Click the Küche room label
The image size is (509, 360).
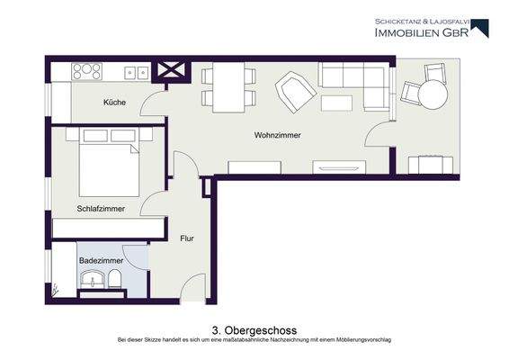(x=114, y=103)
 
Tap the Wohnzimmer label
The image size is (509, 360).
(x=277, y=136)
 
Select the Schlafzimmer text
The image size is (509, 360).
(x=100, y=208)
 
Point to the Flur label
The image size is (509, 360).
(x=187, y=238)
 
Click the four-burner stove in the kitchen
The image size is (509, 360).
(x=89, y=69)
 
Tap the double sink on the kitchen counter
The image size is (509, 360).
(x=136, y=70)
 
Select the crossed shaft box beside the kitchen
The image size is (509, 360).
(x=171, y=70)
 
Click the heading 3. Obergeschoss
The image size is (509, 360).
(x=254, y=330)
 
